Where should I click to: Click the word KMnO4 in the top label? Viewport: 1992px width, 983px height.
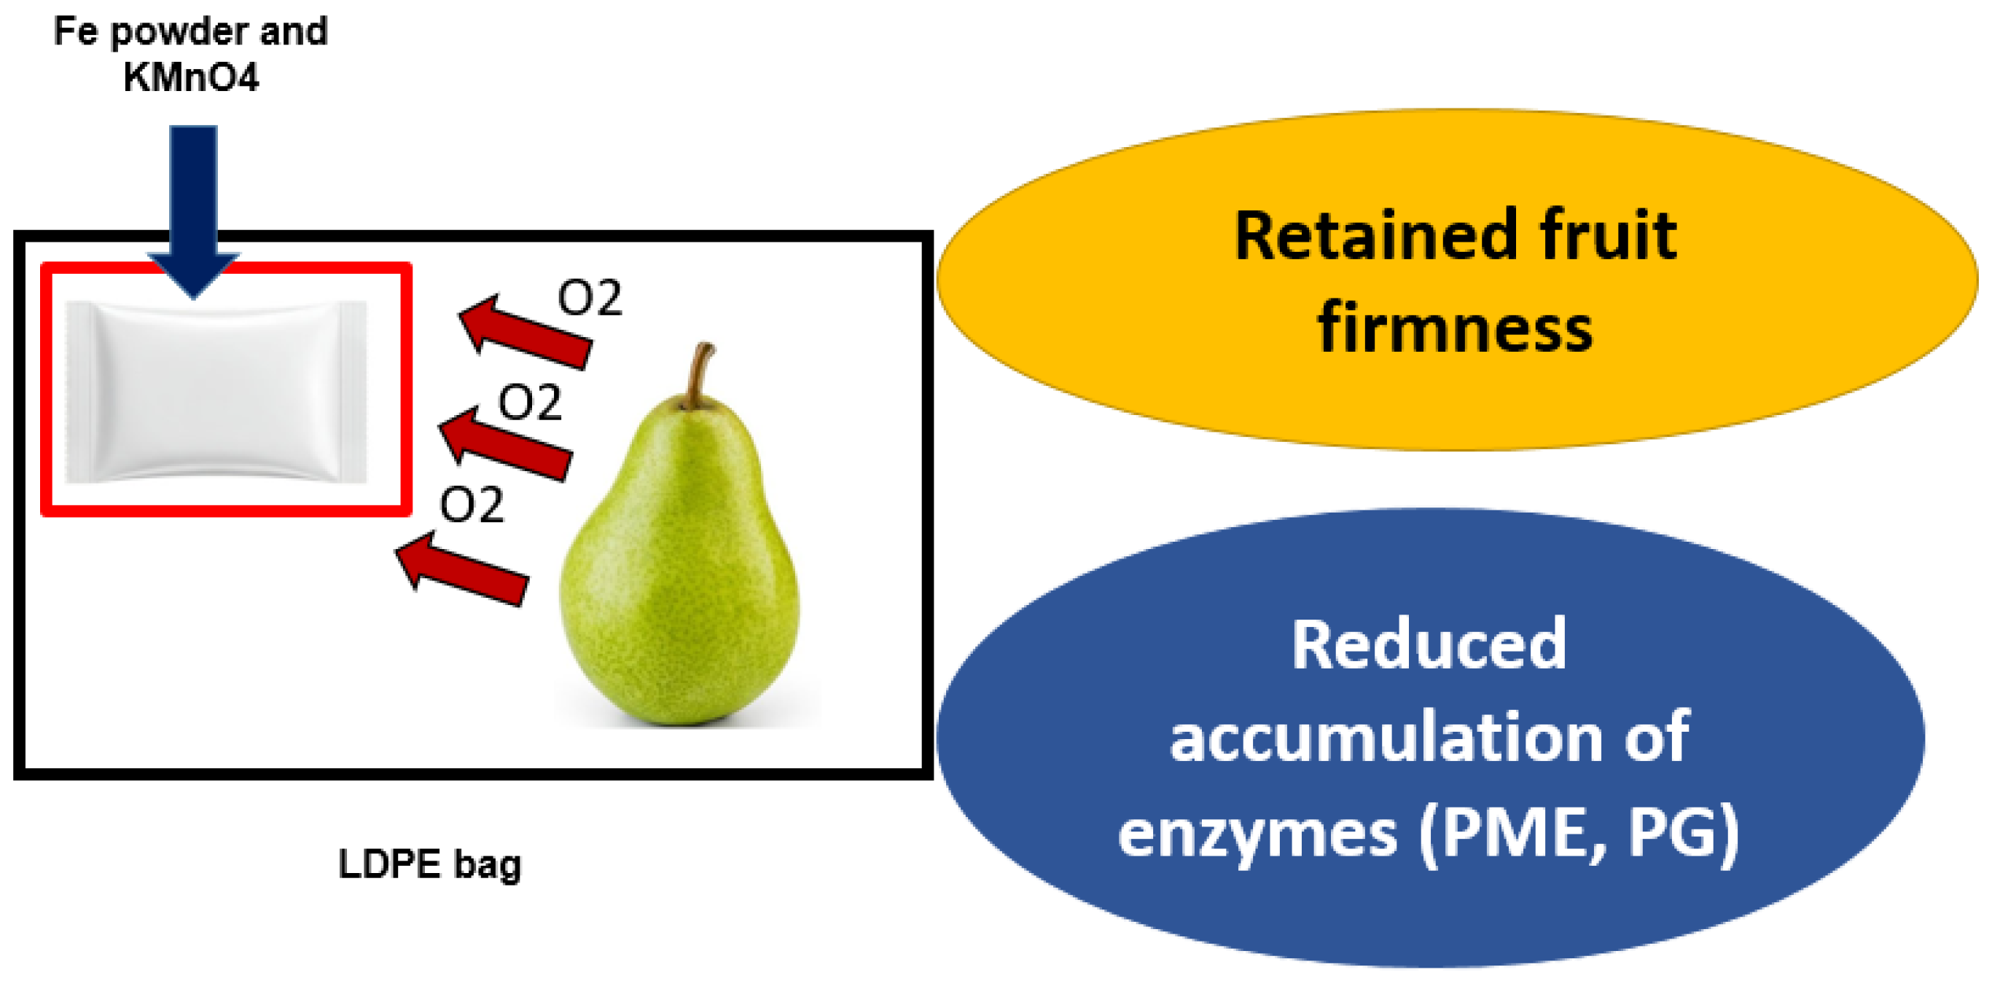191,77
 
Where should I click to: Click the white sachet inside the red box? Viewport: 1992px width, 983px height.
216,391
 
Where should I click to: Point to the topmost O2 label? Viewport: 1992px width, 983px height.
591,299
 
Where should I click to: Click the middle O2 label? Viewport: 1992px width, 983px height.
531,403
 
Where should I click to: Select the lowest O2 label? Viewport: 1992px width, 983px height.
472,506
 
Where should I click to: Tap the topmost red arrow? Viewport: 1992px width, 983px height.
526,332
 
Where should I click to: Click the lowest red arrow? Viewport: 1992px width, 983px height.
462,569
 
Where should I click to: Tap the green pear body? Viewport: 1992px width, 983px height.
681,588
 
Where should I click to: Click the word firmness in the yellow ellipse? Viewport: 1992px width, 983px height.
1456,328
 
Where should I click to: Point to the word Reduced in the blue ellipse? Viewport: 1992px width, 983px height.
1429,645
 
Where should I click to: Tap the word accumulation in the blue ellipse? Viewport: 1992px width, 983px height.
1384,738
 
